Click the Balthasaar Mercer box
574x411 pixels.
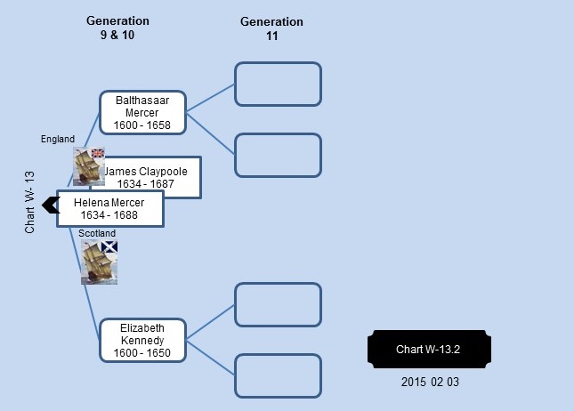pyautogui.click(x=142, y=112)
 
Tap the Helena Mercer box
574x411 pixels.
pyautogui.click(x=109, y=208)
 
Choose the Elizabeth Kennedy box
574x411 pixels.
pyautogui.click(x=142, y=341)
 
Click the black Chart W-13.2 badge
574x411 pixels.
pyautogui.click(x=430, y=349)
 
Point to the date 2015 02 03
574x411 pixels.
pyautogui.click(x=430, y=382)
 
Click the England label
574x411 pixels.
pyautogui.click(x=58, y=139)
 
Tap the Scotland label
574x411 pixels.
pyautogui.click(x=97, y=233)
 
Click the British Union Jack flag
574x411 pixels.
pyautogui.click(x=98, y=153)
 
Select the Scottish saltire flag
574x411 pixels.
pyautogui.click(x=109, y=246)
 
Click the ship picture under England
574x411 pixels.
pyautogui.click(x=89, y=166)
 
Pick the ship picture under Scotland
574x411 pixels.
pyautogui.click(x=99, y=262)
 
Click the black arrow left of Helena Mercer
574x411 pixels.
pyautogui.click(x=51, y=205)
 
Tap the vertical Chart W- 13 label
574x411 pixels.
pyautogui.click(x=29, y=202)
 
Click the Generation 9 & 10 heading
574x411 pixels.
pyautogui.click(x=117, y=28)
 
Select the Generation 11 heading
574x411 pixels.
pyautogui.click(x=271, y=28)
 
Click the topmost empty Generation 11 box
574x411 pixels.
pyautogui.click(x=279, y=85)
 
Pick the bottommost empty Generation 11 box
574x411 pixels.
pyautogui.click(x=279, y=376)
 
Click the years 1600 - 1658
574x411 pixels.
pyautogui.click(x=142, y=125)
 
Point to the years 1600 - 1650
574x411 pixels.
pyautogui.click(x=142, y=353)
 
